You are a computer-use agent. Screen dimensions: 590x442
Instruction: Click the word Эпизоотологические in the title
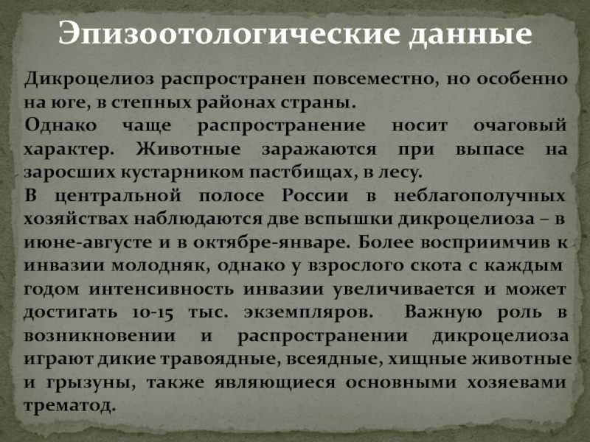(229, 34)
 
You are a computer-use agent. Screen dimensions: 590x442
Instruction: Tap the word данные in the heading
(471, 35)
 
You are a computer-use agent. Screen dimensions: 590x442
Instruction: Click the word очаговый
(520, 126)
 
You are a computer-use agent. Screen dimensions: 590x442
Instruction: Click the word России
(315, 196)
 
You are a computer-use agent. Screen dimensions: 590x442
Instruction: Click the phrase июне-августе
(88, 243)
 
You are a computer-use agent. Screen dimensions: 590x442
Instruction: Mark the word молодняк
(161, 266)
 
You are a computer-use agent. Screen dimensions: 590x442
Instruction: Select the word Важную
(443, 312)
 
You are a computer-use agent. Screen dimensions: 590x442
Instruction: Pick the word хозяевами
(517, 383)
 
